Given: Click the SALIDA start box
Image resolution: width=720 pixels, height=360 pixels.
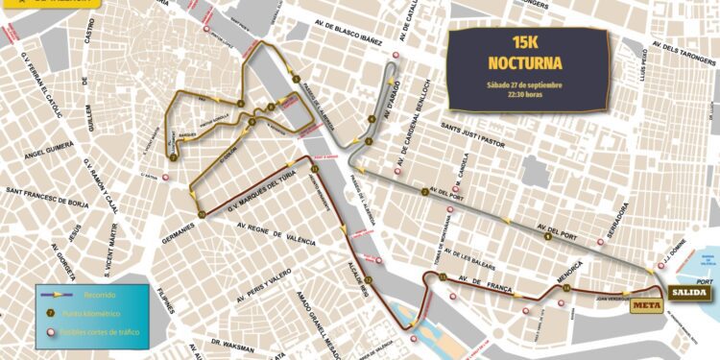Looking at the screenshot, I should tap(690, 292).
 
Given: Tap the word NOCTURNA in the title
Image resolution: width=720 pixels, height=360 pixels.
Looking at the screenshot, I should tap(524, 63).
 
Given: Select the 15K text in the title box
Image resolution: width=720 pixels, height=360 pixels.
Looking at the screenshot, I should tap(524, 43).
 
